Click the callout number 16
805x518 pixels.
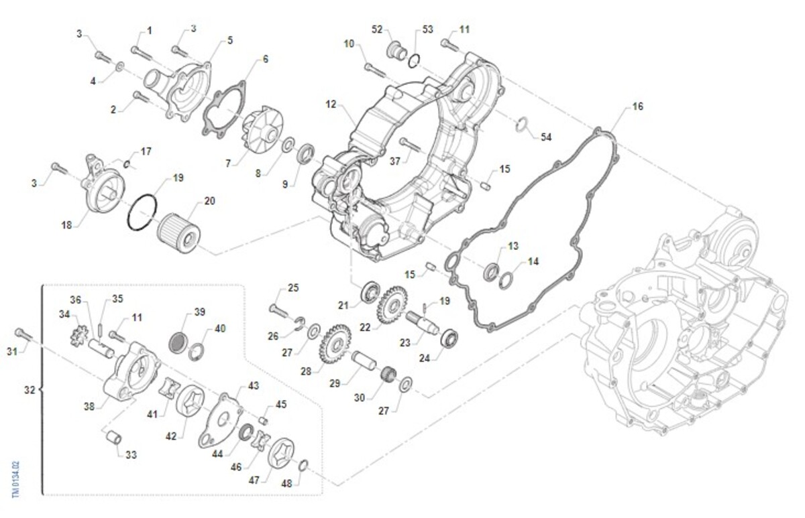coord(637,107)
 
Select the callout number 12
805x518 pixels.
coord(330,105)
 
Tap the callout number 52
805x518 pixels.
coord(377,29)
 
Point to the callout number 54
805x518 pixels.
coord(546,137)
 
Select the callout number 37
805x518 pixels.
coord(394,161)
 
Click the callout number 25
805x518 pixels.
coord(293,288)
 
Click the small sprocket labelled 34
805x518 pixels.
coord(79,333)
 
